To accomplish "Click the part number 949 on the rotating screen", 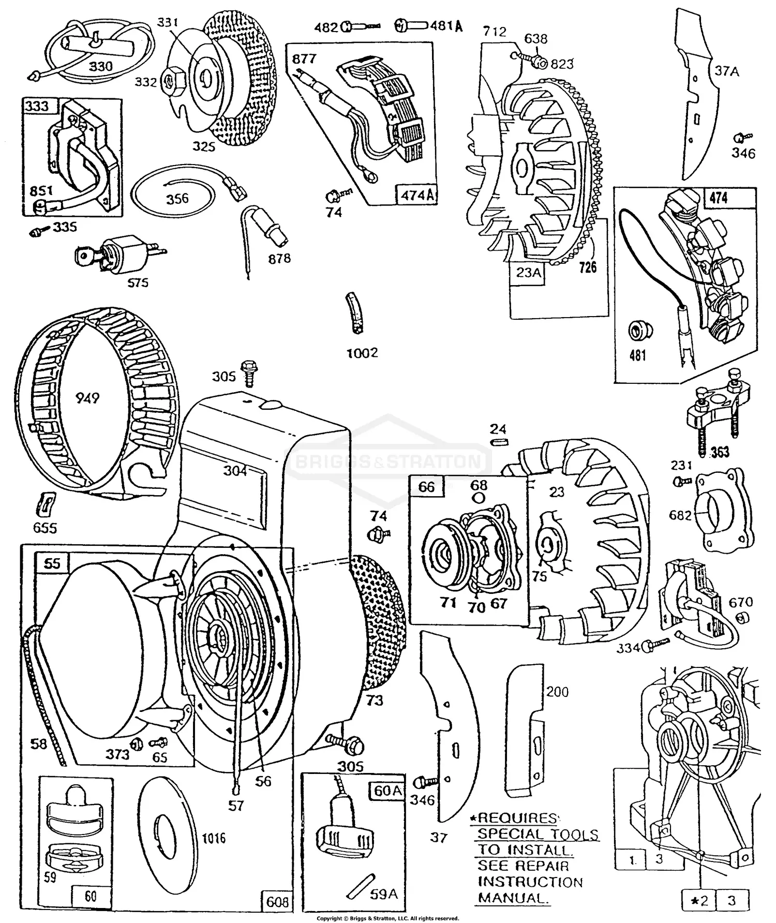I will click(x=87, y=398).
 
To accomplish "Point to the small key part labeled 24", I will click(x=500, y=442).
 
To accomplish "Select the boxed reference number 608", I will click(x=277, y=902).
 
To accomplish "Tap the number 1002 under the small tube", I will click(x=362, y=353).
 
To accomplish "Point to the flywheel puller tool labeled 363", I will click(x=714, y=414).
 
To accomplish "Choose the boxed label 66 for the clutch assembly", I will click(x=427, y=487).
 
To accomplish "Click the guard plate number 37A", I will click(x=726, y=71).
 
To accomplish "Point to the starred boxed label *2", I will click(x=699, y=901).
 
